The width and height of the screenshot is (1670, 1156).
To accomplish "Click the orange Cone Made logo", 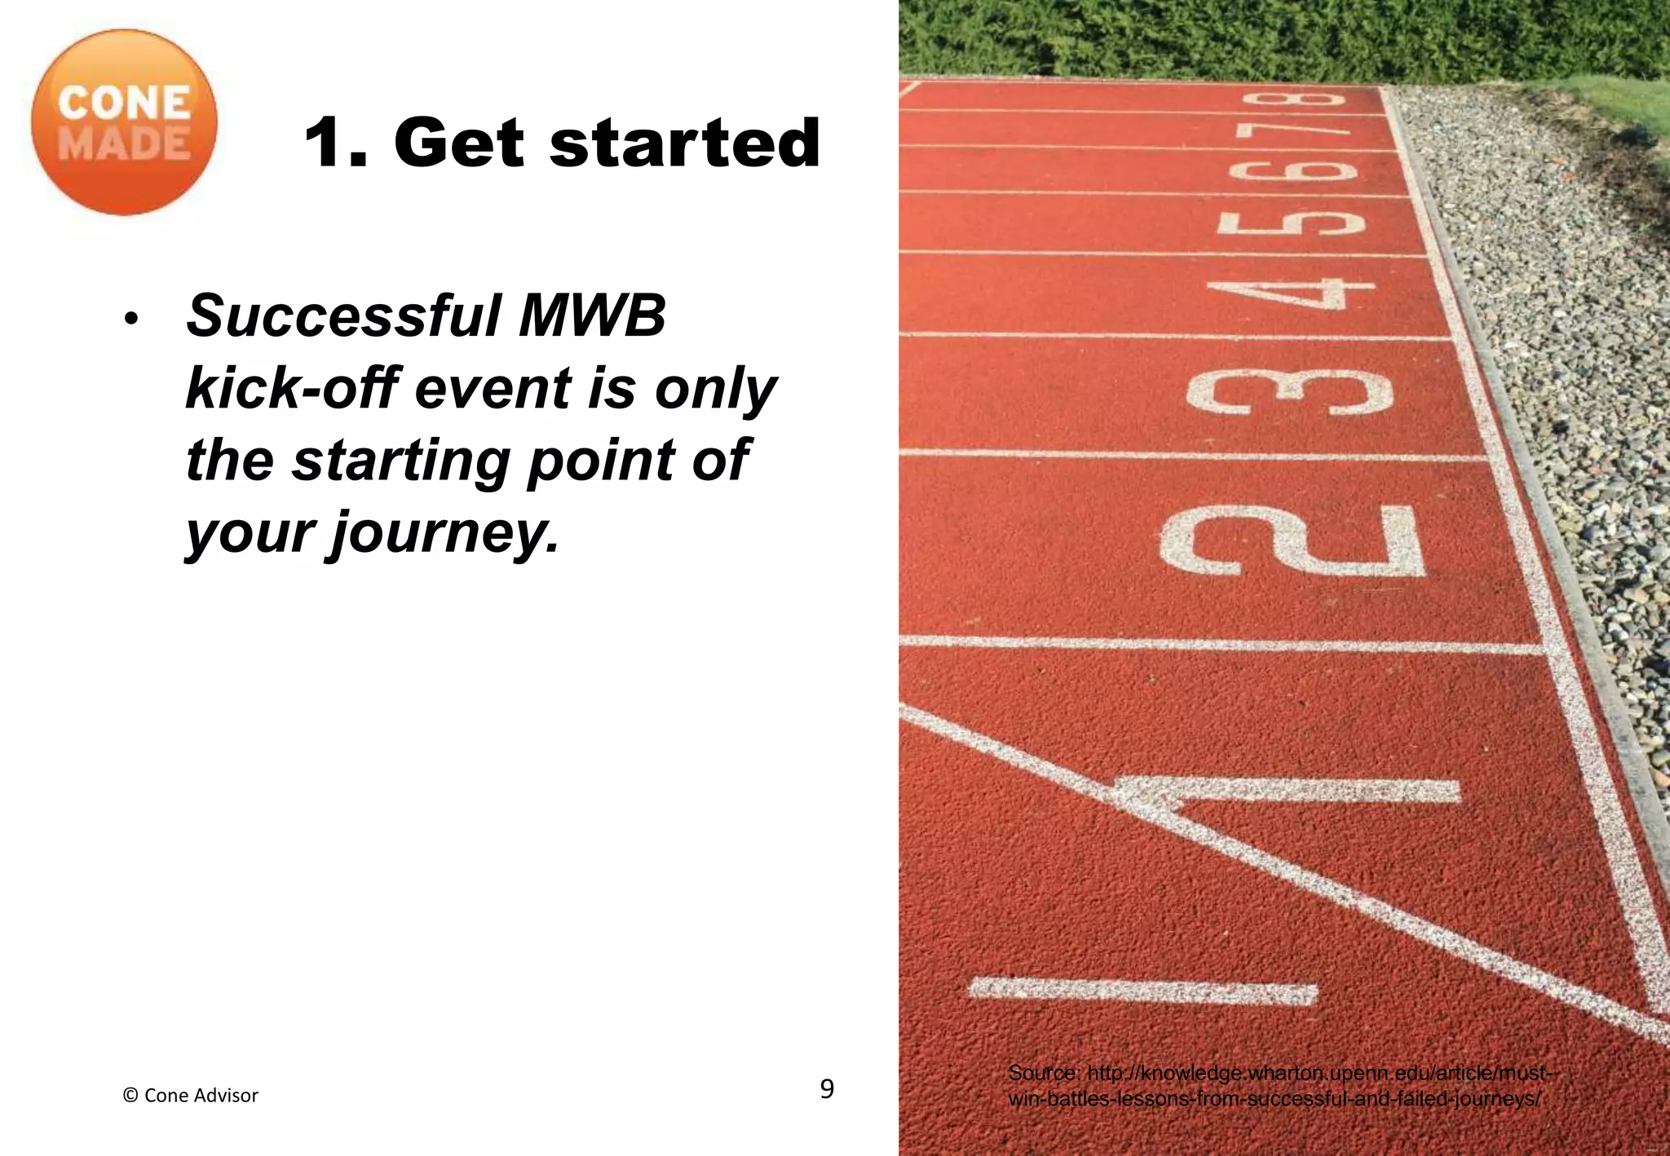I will pos(124,123).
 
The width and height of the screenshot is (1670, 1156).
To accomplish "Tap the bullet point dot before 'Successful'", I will pos(130,319).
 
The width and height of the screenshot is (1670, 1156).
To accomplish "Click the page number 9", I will pos(827,1089).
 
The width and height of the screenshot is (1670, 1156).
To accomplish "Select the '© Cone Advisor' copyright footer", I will pos(190,1096).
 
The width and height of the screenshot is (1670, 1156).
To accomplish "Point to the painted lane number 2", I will pos(1292,540).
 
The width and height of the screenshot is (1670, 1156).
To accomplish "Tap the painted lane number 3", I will pos(1290,393).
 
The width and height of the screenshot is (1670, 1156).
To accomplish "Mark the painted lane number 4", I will pos(1292,294).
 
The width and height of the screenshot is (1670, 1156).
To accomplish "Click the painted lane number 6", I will pos(1292,171).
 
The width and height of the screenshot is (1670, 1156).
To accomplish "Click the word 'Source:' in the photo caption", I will pos(1043,1073).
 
